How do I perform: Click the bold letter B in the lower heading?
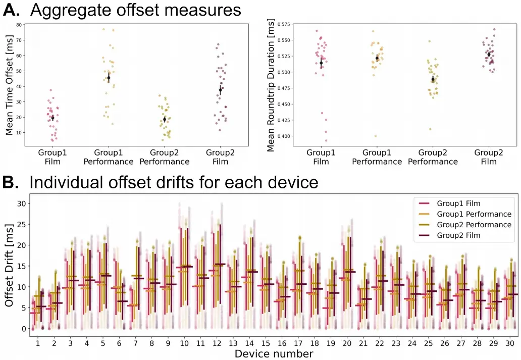(x=11, y=182)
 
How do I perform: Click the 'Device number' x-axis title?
(x=274, y=353)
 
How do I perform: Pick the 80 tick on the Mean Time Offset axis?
(x=19, y=24)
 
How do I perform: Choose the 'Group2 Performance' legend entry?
(x=474, y=225)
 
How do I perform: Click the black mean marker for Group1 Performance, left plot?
(x=109, y=77)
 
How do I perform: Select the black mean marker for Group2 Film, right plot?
(x=489, y=54)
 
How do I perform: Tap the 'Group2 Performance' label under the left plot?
(x=165, y=157)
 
